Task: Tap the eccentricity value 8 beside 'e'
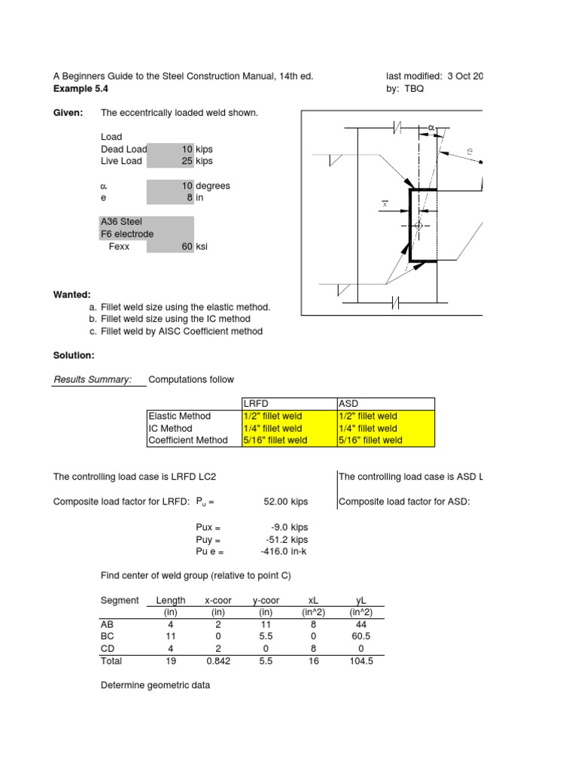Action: tap(190, 198)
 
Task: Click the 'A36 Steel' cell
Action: tap(121, 222)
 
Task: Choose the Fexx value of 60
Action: tap(187, 246)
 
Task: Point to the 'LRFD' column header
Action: tap(256, 404)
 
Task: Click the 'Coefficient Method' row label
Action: tap(188, 440)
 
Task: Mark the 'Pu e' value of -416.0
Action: tap(276, 551)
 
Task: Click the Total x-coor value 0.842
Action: tap(218, 661)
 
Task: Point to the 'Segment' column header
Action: tap(120, 600)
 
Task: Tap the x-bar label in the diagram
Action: tap(385, 204)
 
